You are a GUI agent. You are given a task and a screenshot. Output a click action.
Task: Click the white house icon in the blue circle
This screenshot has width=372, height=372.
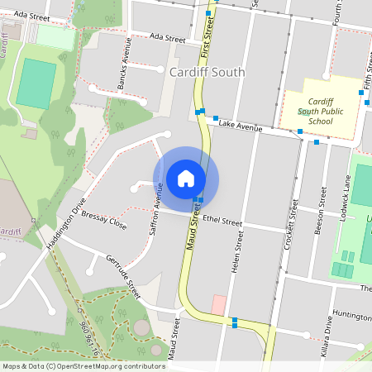coord(186,179)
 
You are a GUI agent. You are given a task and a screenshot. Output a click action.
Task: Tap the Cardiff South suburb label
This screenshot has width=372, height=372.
coord(207,72)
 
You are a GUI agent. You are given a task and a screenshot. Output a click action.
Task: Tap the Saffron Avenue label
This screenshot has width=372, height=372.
coord(155,211)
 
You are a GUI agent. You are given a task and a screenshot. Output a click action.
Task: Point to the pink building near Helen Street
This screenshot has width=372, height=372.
coord(218,304)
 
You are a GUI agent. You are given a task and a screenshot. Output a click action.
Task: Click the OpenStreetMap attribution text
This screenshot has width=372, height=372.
coord(83,365)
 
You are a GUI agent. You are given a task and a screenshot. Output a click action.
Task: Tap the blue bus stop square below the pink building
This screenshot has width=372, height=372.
coord(235,321)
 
